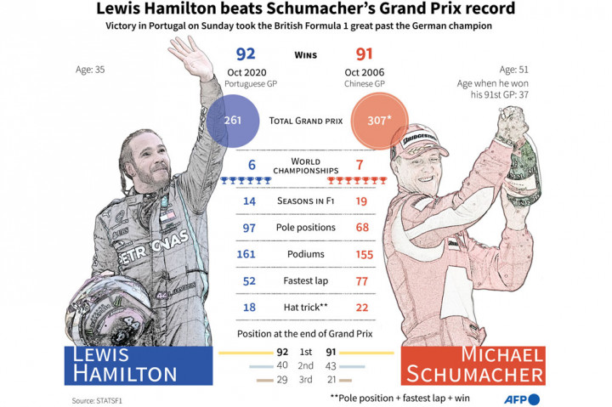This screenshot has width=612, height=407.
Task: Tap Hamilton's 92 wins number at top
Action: (x=245, y=55)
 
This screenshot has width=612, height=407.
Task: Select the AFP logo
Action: (x=520, y=398)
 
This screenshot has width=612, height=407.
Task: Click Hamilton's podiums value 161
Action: (x=245, y=255)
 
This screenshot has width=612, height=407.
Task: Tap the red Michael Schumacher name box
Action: (x=473, y=365)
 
